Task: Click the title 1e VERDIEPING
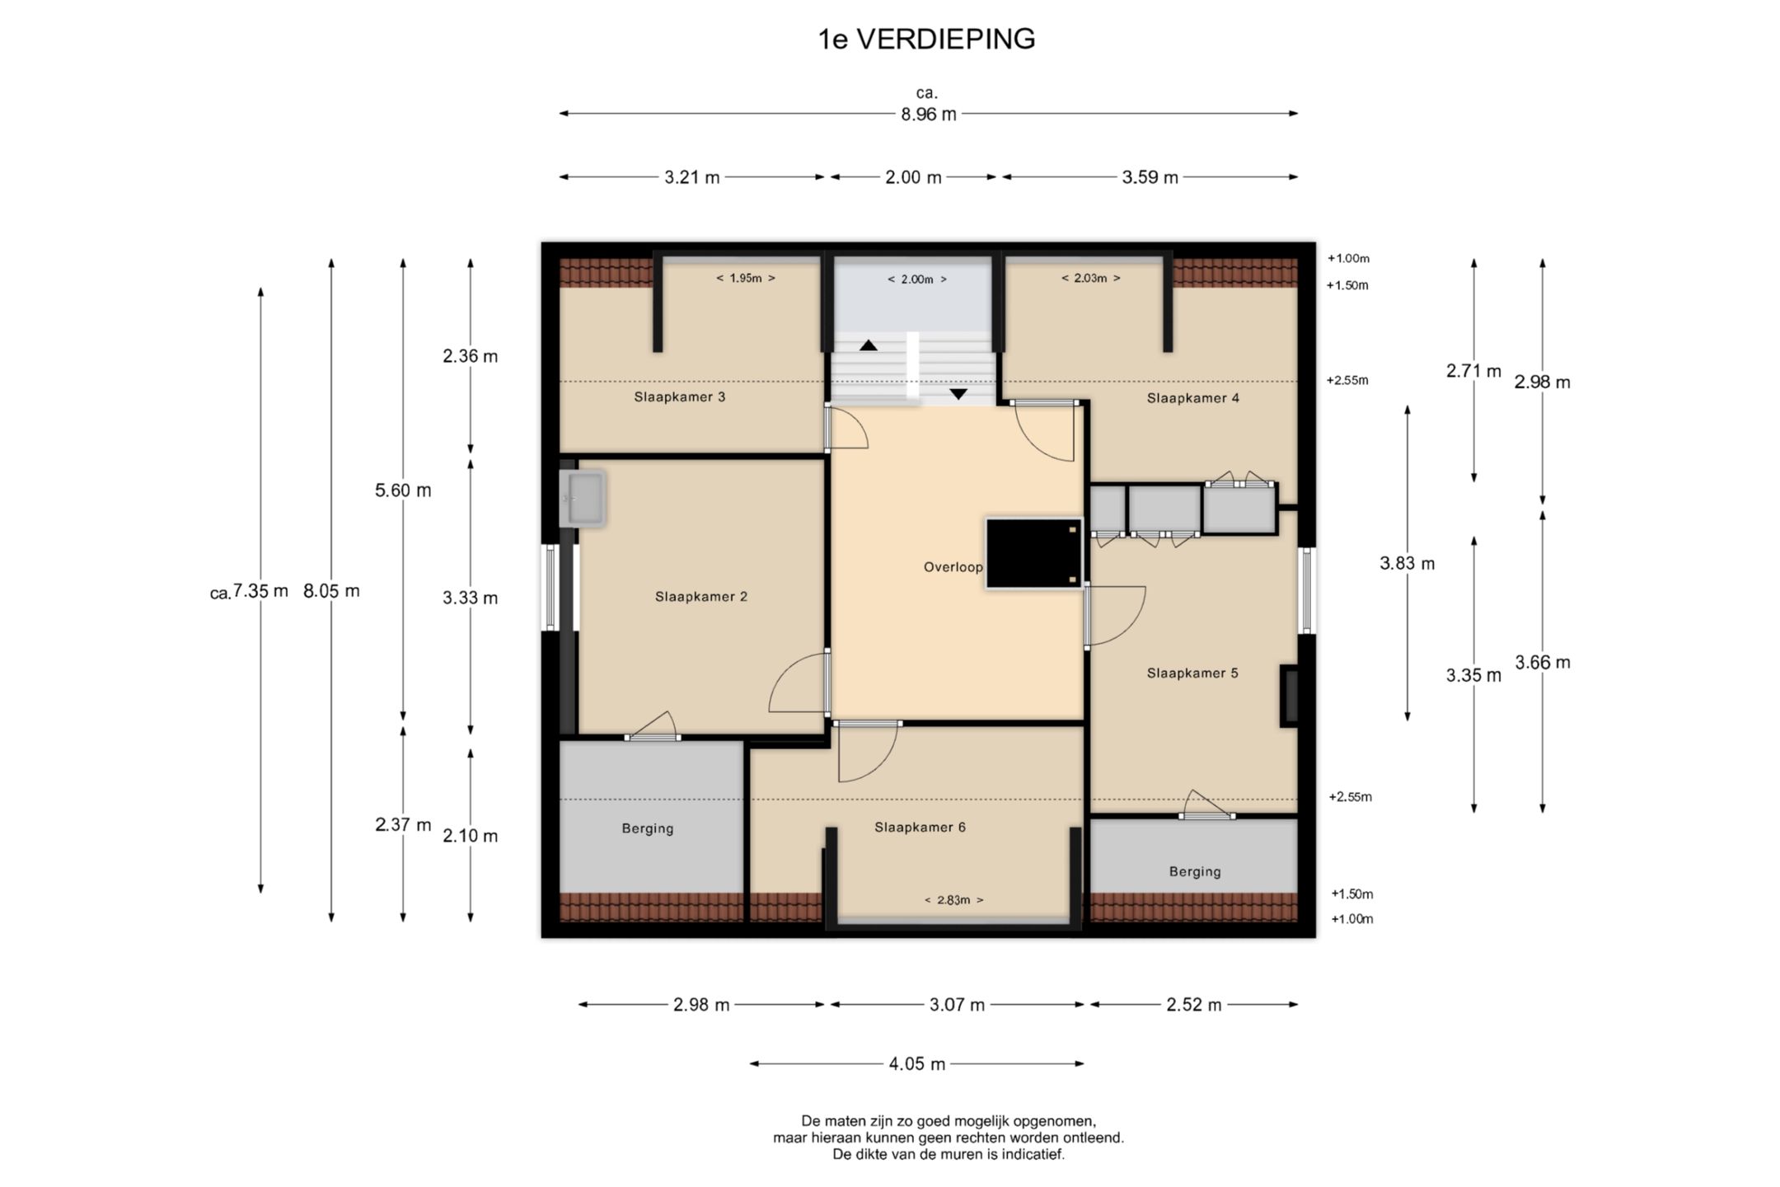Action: coord(926,39)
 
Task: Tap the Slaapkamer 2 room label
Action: coord(701,597)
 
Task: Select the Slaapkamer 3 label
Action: coord(680,396)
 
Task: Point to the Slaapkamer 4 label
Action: coord(1193,398)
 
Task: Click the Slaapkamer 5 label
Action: coord(1192,673)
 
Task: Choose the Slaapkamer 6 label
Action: coord(920,828)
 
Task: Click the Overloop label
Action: coord(953,567)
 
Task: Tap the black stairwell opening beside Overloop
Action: coord(1033,553)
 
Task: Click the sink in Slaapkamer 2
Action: coord(582,498)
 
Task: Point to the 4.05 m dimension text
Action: coord(917,1064)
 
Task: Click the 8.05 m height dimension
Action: coord(331,591)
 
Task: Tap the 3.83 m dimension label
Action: coord(1408,564)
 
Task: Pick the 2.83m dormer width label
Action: coord(953,900)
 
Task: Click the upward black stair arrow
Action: coord(869,345)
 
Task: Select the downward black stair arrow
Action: coord(958,394)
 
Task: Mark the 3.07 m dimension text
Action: coord(958,1005)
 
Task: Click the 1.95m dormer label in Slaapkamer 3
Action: coord(746,279)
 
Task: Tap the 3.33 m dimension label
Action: coord(471,598)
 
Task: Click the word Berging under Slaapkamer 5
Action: coord(1195,872)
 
